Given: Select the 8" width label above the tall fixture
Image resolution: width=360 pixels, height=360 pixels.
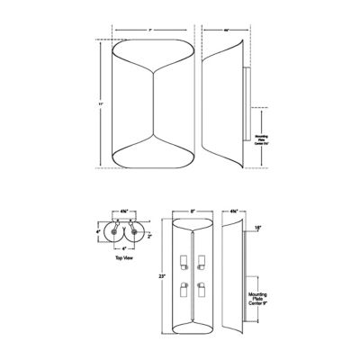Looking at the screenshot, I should tap(193, 212).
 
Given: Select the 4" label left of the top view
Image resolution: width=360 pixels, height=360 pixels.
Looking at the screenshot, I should tap(98, 231).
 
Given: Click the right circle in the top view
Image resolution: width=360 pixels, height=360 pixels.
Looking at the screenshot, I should tap(138, 231).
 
